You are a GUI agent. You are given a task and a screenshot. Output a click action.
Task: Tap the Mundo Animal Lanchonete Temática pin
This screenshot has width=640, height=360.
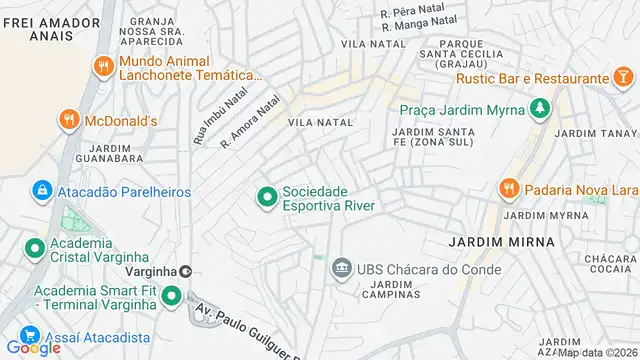(102, 67)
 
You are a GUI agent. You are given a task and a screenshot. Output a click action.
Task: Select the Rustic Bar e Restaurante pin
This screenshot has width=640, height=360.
(623, 77)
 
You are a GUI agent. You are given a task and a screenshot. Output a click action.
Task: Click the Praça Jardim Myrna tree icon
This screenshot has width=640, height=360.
(540, 108)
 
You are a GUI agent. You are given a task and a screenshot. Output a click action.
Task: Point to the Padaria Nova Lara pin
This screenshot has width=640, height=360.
(508, 190)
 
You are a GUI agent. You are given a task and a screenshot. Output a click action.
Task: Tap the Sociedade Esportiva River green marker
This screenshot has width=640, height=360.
(267, 198)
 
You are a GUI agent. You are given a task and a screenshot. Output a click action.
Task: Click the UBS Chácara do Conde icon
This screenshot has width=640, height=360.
(342, 267)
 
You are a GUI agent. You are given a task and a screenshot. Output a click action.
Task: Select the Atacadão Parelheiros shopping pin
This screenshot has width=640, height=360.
(42, 189)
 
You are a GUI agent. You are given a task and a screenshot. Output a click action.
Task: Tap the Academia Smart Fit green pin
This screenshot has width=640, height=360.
(171, 296)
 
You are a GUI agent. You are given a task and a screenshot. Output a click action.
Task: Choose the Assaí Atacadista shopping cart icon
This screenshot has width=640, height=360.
(30, 337)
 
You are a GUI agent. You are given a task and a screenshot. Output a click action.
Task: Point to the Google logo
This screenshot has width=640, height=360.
(33, 347)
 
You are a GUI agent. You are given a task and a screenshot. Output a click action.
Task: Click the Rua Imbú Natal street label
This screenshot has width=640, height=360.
(207, 115)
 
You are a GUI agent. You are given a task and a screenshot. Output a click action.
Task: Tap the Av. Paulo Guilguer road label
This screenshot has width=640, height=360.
(245, 333)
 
